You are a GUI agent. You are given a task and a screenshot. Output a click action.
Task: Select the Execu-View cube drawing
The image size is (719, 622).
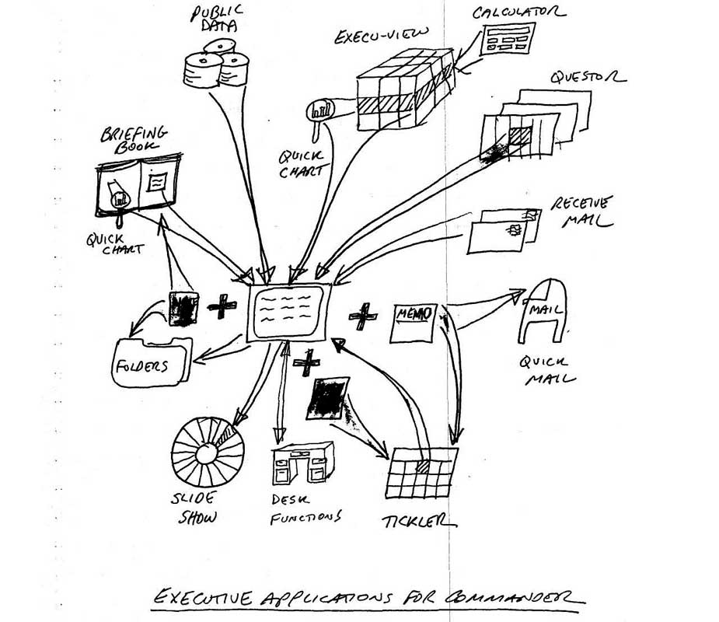(403, 89)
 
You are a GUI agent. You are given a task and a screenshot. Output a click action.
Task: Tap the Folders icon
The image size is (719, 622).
(152, 361)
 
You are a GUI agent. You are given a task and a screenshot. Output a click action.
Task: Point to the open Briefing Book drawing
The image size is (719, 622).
(138, 187)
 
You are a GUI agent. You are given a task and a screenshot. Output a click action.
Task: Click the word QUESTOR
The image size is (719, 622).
(587, 79)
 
